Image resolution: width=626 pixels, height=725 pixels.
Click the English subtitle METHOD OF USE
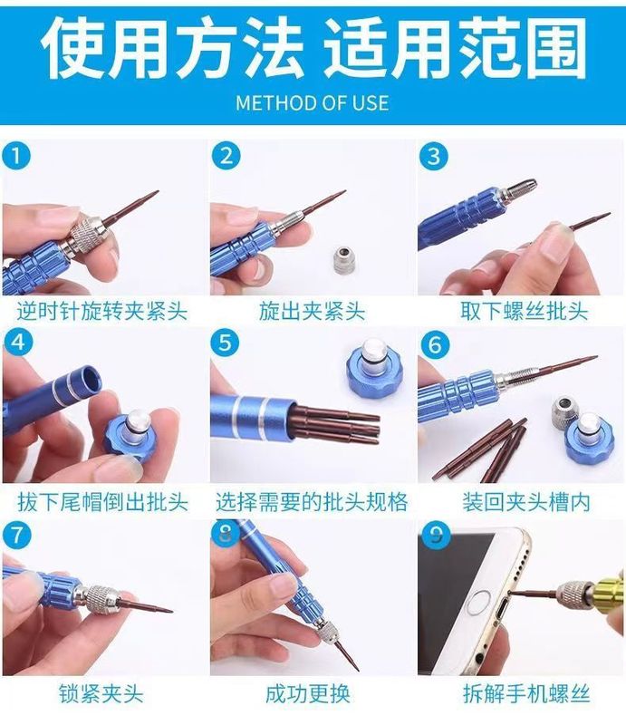(312, 102)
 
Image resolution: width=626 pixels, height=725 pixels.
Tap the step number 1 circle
(16, 156)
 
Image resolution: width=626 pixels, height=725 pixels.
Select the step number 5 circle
(226, 343)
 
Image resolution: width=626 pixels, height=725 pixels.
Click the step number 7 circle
(17, 536)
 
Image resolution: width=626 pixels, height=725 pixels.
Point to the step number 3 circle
(434, 156)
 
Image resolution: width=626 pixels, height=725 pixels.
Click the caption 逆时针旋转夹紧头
(102, 311)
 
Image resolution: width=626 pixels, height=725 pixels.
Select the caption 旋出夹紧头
(312, 311)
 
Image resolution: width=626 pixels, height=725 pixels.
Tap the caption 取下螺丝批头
(525, 311)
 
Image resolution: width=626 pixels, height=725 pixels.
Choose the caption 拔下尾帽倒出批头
(103, 502)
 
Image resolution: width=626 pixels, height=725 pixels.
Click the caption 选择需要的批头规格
(312, 502)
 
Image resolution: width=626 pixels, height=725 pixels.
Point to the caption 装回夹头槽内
(526, 502)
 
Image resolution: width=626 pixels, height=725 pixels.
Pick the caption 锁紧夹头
(101, 694)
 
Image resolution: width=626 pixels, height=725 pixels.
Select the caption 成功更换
(308, 694)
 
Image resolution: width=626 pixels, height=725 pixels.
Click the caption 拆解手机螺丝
(527, 694)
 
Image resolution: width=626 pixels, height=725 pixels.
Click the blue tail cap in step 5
(375, 366)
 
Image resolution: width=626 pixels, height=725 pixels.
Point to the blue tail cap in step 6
(590, 435)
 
